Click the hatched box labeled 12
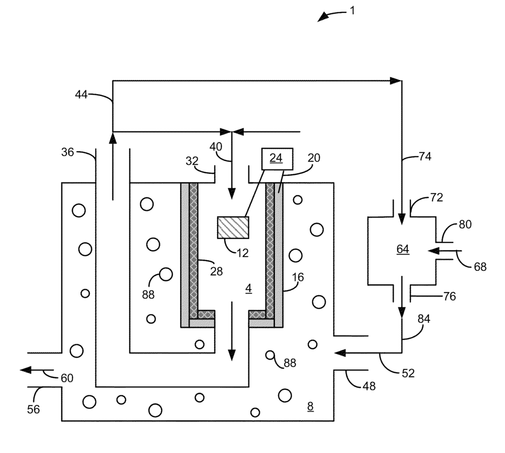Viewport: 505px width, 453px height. (233, 227)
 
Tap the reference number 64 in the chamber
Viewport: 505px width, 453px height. (403, 250)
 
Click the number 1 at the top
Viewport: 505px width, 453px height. (352, 10)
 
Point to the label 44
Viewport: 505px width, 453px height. (82, 94)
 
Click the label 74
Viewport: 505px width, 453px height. (425, 157)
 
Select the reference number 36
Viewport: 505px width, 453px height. (68, 152)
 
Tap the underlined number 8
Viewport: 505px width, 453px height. (310, 407)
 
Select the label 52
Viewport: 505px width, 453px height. (407, 374)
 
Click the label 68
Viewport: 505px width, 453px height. (479, 266)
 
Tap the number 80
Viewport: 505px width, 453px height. (465, 225)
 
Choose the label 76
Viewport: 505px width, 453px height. (449, 297)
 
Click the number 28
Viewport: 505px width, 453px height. (216, 271)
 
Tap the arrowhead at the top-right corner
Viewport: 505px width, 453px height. (396, 80)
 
